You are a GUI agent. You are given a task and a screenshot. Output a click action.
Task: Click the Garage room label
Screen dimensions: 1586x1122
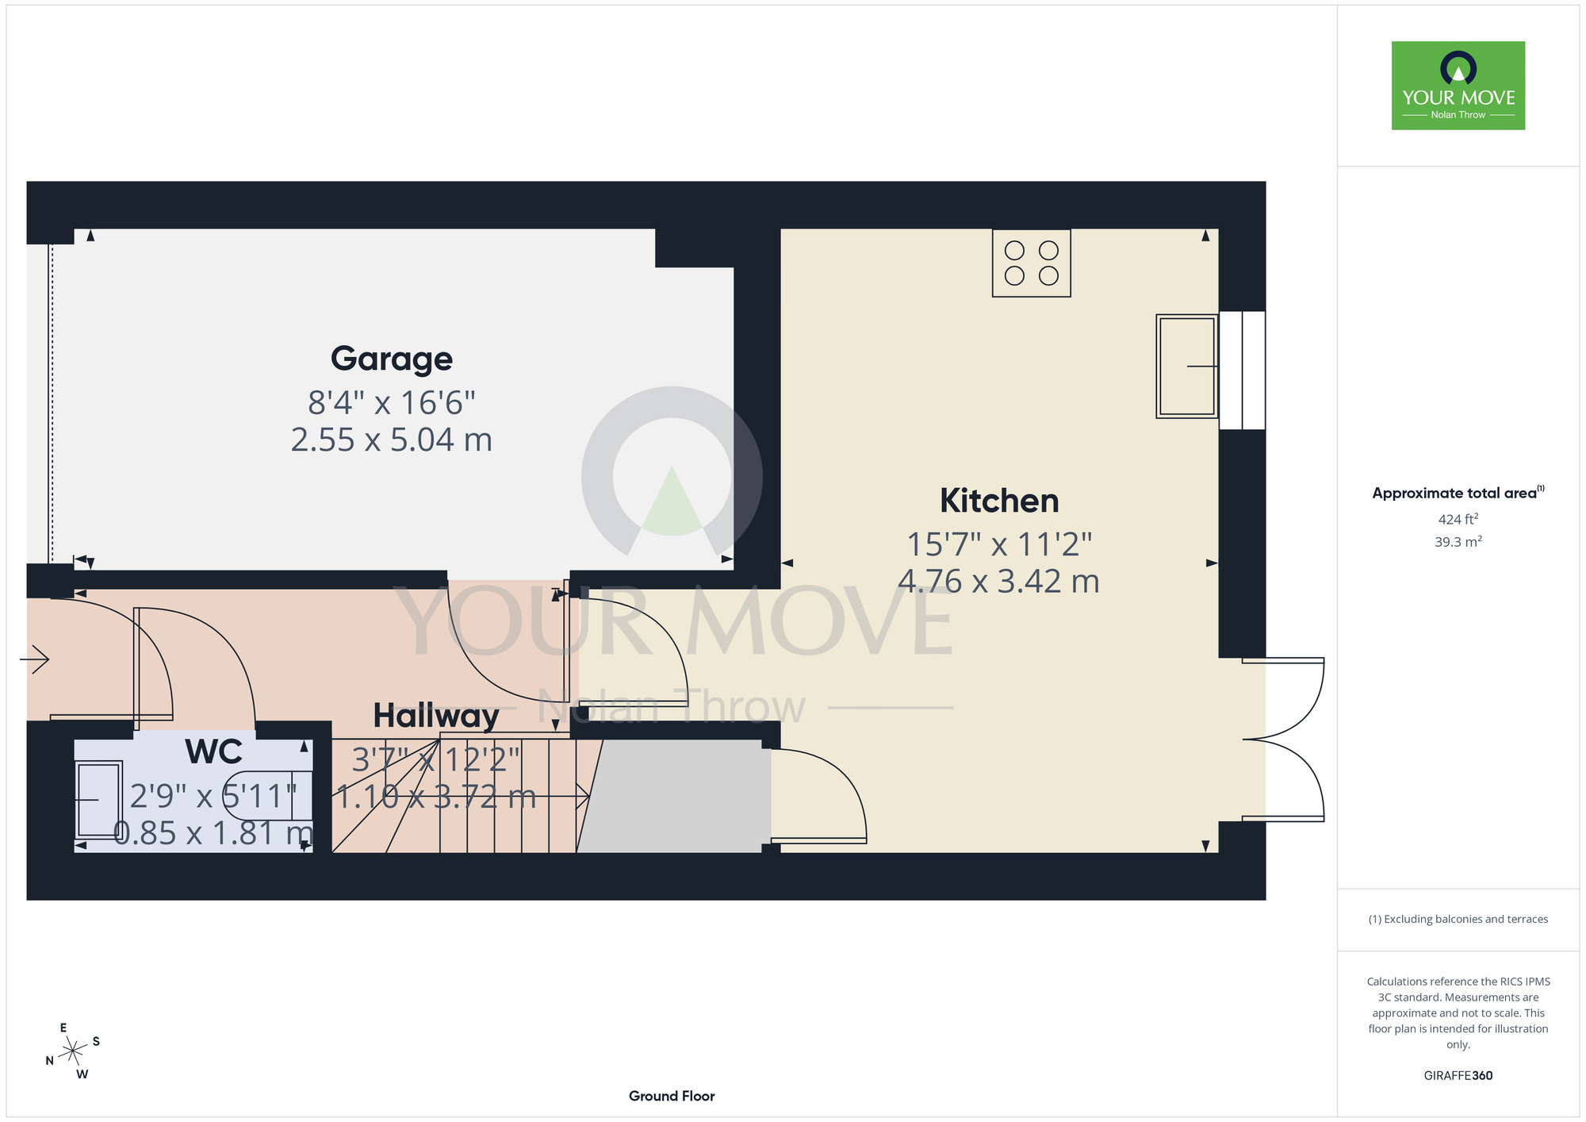(392, 359)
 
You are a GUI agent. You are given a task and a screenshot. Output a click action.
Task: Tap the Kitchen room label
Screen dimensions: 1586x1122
(999, 501)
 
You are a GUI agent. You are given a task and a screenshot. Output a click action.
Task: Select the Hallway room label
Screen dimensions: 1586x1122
(436, 716)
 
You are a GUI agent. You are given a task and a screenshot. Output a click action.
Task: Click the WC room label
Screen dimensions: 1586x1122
(214, 751)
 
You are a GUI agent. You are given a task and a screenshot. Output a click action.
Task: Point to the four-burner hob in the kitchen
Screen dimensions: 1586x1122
(1032, 263)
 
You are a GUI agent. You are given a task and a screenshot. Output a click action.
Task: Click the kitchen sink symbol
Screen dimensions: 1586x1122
(1187, 367)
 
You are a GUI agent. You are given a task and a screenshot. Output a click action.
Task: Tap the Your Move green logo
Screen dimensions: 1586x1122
(1458, 86)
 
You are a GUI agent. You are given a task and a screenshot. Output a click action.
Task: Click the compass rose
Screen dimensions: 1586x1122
(73, 1051)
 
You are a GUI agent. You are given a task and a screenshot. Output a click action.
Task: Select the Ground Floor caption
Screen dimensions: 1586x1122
(672, 1096)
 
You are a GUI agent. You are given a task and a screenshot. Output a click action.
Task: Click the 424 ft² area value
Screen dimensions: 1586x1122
(1458, 519)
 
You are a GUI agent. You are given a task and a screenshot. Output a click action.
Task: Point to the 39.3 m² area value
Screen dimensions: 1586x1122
(1458, 542)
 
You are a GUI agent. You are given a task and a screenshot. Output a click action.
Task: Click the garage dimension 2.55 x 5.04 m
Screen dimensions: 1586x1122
(392, 440)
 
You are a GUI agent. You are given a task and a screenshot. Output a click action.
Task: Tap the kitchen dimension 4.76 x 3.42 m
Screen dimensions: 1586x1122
(999, 582)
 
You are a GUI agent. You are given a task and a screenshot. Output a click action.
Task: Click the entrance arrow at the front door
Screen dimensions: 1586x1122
(34, 659)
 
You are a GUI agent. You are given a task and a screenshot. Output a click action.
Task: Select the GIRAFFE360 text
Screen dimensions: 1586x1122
(1458, 1076)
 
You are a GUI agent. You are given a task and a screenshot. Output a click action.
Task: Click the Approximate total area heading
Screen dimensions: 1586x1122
(1458, 493)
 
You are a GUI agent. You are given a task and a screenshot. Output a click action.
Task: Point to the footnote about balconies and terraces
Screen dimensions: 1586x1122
(1458, 919)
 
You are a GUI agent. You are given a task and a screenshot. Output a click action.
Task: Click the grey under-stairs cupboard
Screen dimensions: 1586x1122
(674, 797)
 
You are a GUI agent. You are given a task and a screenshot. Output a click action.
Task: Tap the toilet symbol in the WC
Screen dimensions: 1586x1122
(266, 795)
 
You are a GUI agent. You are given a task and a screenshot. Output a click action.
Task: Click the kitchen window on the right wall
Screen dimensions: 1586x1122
(1242, 370)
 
